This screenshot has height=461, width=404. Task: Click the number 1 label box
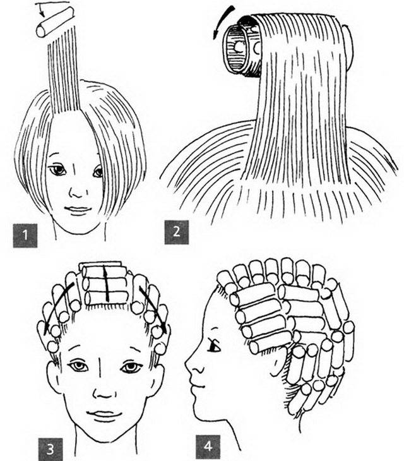pos(25,236)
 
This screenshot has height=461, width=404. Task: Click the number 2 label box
pos(176,232)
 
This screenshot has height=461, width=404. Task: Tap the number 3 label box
pos(50,449)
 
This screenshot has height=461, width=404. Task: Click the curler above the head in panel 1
pos(55,21)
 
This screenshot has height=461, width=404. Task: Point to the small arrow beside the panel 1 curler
pos(40,9)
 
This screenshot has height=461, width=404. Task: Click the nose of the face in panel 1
pos(78,193)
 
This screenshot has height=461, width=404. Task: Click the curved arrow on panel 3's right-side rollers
pos(153,309)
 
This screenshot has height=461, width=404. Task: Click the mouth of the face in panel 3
pos(104,414)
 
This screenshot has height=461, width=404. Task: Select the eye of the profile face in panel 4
pos(214,346)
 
